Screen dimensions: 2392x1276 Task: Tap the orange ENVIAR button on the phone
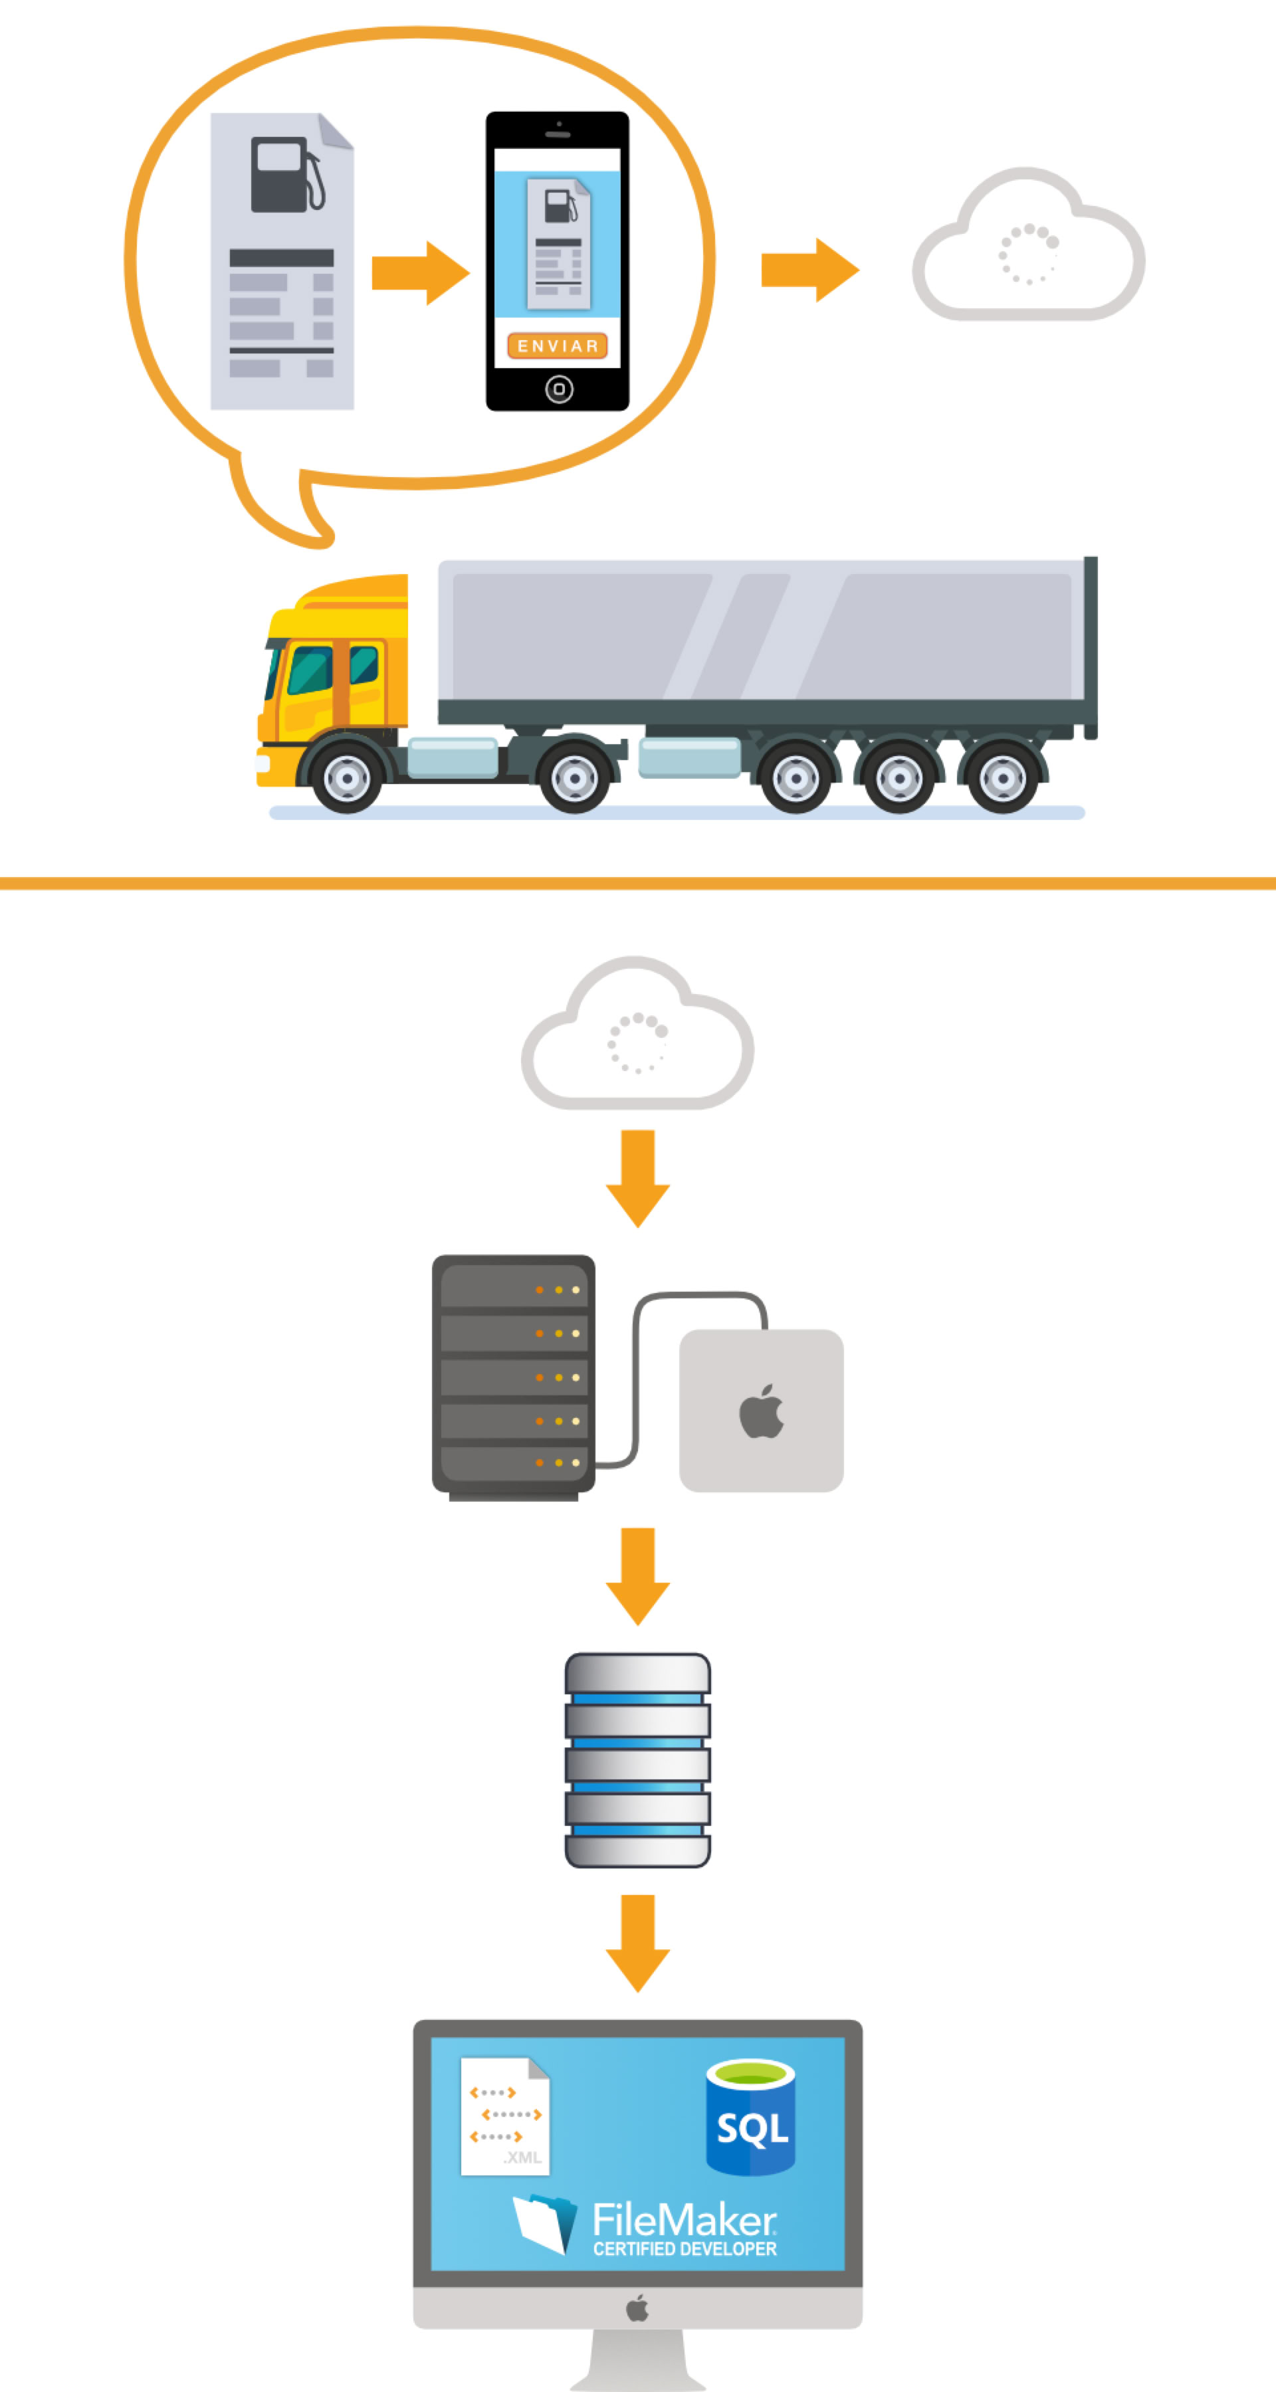pyautogui.click(x=557, y=346)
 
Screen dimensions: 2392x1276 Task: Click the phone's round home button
pyautogui.click(x=559, y=389)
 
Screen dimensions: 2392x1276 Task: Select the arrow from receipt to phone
pyautogui.click(x=420, y=273)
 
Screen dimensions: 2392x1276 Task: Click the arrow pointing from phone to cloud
pyautogui.click(x=810, y=270)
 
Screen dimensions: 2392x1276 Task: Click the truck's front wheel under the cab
pyautogui.click(x=346, y=778)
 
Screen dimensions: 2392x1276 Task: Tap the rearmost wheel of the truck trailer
pyautogui.click(x=1002, y=778)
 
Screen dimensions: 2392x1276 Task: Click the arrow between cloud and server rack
pyautogui.click(x=638, y=1177)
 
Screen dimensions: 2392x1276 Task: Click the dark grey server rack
pyautogui.click(x=514, y=1374)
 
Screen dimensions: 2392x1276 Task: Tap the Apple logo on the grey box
pyautogui.click(x=762, y=1413)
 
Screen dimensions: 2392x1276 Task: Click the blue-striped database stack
pyautogui.click(x=638, y=1759)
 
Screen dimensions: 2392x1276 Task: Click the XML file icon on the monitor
pyautogui.click(x=505, y=2116)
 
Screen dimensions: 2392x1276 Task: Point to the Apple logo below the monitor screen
pyautogui.click(x=637, y=2308)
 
